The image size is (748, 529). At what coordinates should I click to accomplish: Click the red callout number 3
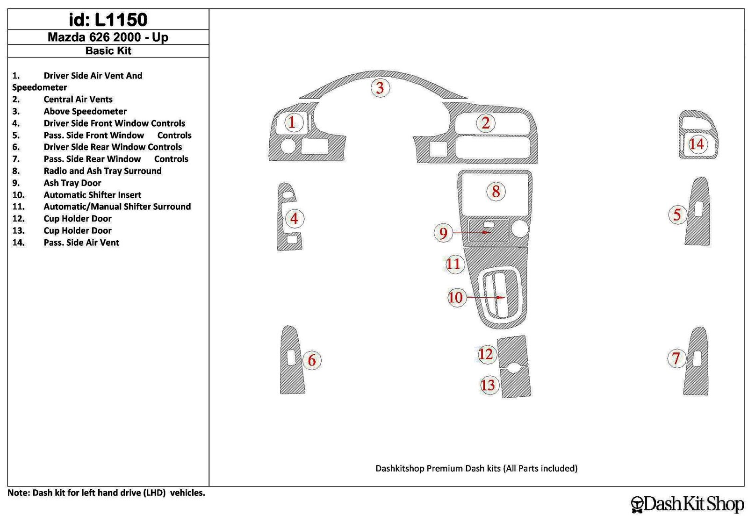(380, 88)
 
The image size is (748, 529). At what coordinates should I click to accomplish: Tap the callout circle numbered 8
(496, 192)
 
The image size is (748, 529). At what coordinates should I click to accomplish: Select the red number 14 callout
(697, 144)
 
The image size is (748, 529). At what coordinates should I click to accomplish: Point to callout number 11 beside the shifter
(453, 264)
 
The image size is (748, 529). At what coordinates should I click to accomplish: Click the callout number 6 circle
(312, 360)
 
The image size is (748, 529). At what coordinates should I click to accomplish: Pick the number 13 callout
(488, 385)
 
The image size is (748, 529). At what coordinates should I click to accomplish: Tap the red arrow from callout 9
(472, 232)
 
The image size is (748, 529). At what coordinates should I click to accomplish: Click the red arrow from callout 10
(485, 297)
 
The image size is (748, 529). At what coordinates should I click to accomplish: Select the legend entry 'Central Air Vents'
(78, 99)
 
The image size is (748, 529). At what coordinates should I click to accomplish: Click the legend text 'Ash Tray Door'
(72, 183)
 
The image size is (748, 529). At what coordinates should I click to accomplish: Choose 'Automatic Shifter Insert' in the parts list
(92, 195)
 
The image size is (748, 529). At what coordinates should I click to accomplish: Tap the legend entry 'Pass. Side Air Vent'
(81, 243)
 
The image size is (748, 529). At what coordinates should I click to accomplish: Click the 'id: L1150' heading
(108, 19)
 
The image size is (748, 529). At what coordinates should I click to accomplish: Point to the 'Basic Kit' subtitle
(108, 51)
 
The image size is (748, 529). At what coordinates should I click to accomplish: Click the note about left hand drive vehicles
(106, 493)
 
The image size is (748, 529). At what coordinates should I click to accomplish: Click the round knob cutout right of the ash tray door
(519, 229)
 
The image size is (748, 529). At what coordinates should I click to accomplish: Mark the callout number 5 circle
(677, 214)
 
